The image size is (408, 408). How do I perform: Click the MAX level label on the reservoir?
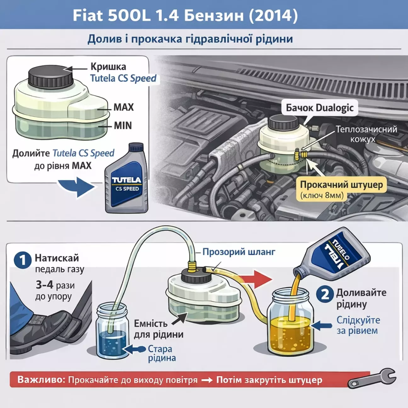[x=124, y=107]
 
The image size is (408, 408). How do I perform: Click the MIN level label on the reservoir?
[x=123, y=126]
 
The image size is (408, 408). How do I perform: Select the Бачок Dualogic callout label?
[x=320, y=108]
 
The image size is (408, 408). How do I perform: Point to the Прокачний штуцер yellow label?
[x=341, y=185]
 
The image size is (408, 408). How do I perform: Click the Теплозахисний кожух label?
[x=366, y=134]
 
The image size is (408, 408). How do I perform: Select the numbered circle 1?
[x=23, y=260]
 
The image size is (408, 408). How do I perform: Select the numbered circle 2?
[x=325, y=294]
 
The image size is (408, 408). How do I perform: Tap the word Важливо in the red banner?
[x=41, y=380]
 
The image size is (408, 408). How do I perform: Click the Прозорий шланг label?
[x=239, y=252]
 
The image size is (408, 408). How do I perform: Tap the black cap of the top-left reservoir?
[x=50, y=76]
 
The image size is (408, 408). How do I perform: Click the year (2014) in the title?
[x=273, y=15]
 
